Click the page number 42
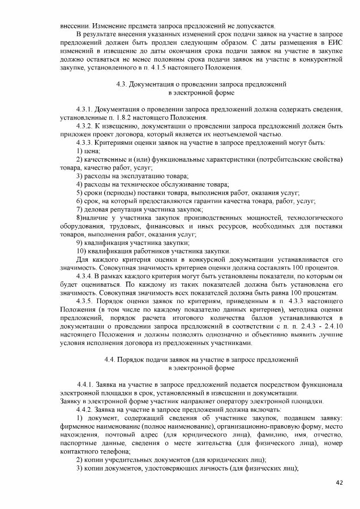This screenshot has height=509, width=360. point(339,482)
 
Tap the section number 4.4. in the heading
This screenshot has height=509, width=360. point(113,360)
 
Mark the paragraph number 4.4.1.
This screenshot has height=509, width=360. point(86,385)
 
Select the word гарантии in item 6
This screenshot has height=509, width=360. point(225,201)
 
